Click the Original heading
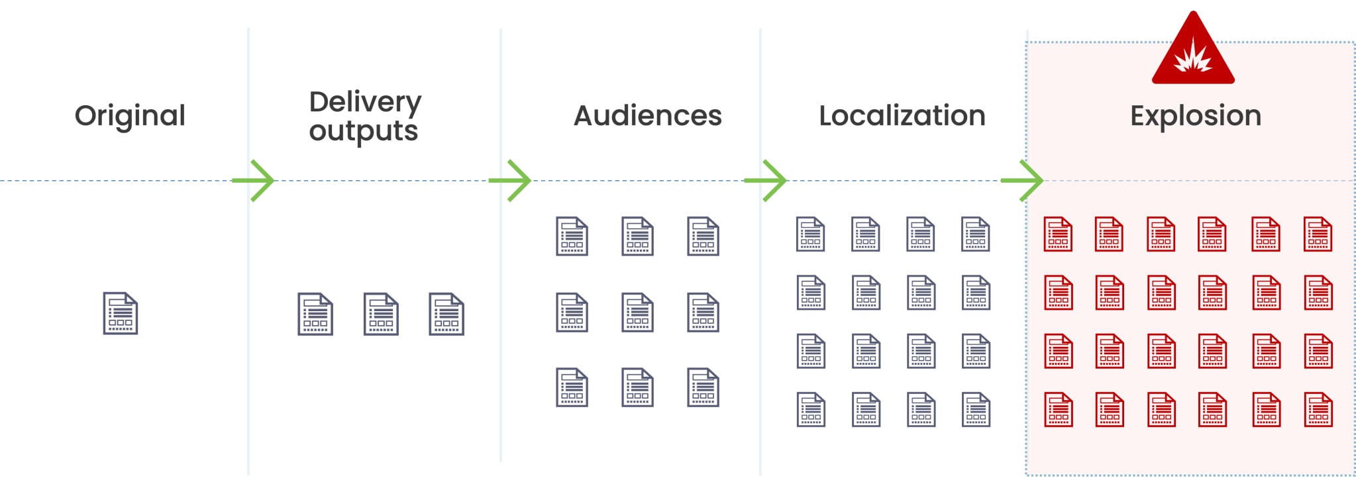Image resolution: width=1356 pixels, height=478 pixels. coord(130,116)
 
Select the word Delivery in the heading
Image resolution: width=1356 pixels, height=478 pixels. coord(365,103)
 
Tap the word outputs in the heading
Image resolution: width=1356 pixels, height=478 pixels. coord(363,131)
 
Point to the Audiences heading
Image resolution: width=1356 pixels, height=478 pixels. coord(647,116)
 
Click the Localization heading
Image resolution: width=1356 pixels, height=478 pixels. coord(902,116)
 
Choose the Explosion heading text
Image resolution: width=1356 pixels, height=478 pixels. coord(1195,116)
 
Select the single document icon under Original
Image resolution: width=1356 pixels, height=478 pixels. coord(121,313)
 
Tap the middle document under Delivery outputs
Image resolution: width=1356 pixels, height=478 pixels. coord(381,314)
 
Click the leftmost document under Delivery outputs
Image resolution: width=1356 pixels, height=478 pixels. coord(315,314)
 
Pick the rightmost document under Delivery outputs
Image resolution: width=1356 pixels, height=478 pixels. coord(446,314)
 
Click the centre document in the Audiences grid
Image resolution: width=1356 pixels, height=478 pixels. coord(637,312)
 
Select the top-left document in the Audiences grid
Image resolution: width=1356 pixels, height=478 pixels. coord(572,236)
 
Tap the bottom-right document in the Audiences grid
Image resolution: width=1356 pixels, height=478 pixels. coord(703,387)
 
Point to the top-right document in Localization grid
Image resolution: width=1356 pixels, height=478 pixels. coord(976,234)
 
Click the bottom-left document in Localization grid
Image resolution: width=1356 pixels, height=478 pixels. coord(811,410)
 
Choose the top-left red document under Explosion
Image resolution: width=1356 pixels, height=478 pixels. coord(1058,234)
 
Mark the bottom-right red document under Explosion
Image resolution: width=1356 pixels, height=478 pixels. coord(1318,410)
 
